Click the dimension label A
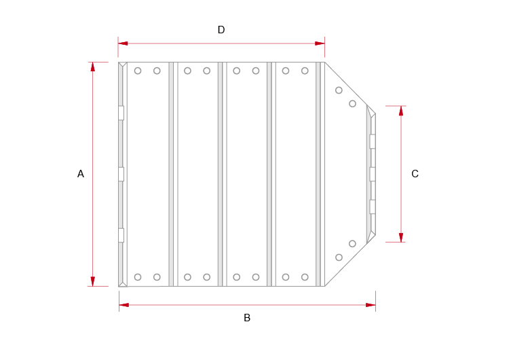pos(81,174)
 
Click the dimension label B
pos(247,318)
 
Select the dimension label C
pos(415,174)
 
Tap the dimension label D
pos(221,30)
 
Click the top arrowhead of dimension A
pos(93,67)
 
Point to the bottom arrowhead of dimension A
pos(93,281)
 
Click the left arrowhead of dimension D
pos(123,43)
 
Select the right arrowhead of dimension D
pos(320,43)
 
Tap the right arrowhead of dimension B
pos(371,305)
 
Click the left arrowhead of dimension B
pos(124,305)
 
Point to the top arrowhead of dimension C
pos(401,111)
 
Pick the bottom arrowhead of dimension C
pos(401,237)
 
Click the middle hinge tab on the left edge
pos(121,174)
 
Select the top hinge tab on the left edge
pos(121,113)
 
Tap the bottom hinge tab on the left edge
pos(121,236)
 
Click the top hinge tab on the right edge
pos(372,141)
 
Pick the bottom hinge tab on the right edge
pos(372,206)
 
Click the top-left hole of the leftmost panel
pos(138,71)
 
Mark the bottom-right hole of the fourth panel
pos(305,277)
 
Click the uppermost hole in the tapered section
pos(339,90)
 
